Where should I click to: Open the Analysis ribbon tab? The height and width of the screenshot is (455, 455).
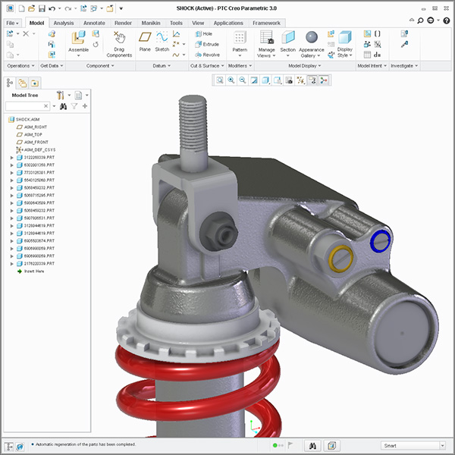(x=64, y=23)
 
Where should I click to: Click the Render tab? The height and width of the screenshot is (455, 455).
(x=123, y=23)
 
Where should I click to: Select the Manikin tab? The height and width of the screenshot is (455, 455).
(x=151, y=23)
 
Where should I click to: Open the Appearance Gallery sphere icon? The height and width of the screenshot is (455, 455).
(x=311, y=37)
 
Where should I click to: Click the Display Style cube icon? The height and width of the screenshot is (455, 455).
(x=345, y=38)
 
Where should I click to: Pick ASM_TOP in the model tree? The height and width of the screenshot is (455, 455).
(x=35, y=134)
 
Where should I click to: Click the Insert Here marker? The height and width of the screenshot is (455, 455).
(x=33, y=271)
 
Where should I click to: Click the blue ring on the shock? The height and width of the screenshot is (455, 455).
(x=379, y=242)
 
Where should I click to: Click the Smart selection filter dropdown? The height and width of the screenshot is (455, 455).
(x=413, y=445)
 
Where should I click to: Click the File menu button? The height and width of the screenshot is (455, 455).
(x=13, y=23)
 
